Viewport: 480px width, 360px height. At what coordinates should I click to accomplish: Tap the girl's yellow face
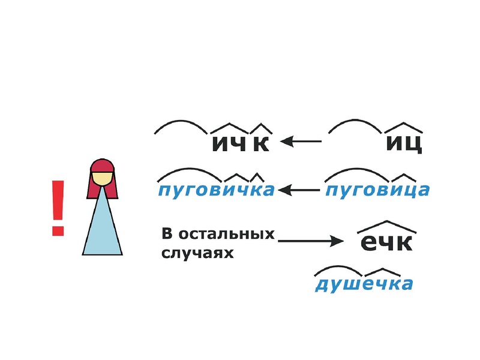coord(103,178)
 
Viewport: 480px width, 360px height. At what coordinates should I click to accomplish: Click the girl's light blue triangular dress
coord(103,228)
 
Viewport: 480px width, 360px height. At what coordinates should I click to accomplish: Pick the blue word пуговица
coord(377,190)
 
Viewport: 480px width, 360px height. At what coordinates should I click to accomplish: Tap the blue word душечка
coord(364,283)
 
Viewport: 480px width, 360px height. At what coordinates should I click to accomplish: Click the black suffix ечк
coord(387,242)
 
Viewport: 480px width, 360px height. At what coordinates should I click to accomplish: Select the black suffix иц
coord(404,143)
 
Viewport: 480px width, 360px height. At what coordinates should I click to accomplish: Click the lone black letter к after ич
coord(260,144)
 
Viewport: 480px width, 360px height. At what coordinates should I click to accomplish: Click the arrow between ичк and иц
coord(301,142)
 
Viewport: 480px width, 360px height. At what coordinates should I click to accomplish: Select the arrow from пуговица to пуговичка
coord(298,191)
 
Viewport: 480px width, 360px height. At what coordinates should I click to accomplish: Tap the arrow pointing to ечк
coord(310,241)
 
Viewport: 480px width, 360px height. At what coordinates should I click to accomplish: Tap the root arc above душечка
coord(335,270)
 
